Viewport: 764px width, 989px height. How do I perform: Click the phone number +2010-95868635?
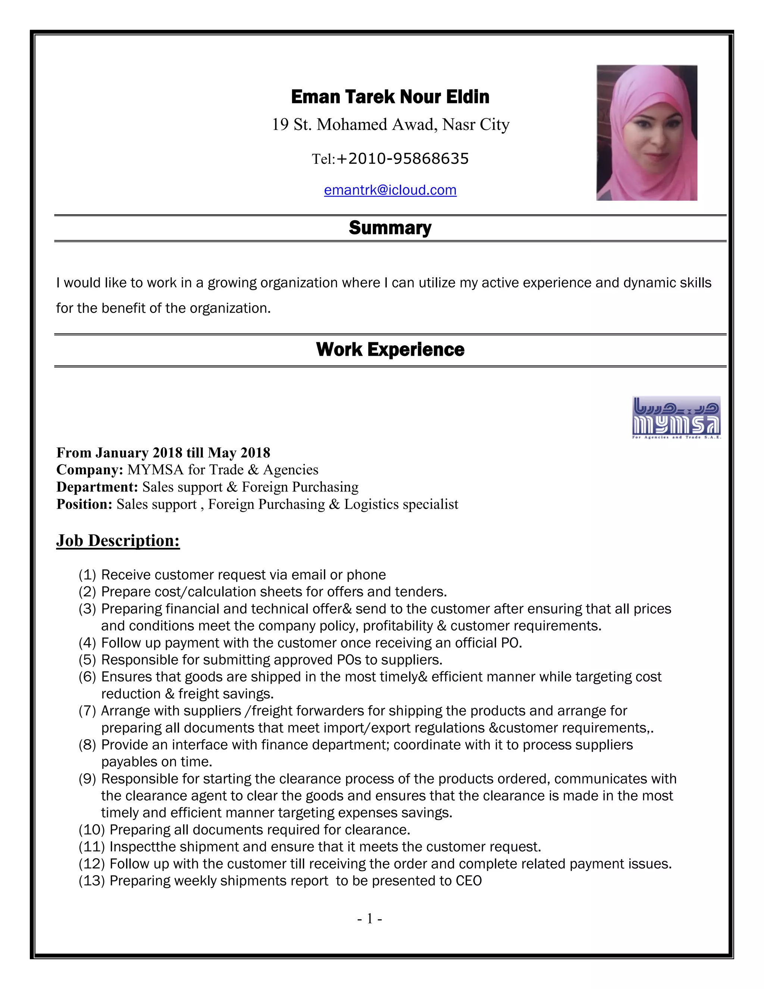403,159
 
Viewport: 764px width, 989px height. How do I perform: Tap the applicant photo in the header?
646,133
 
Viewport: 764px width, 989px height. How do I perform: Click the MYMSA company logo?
676,418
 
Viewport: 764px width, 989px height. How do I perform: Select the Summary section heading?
390,228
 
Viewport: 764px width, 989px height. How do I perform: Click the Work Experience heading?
390,350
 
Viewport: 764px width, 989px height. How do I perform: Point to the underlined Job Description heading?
118,541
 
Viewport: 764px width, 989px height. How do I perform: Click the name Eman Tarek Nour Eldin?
390,97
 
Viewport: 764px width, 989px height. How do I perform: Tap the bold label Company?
90,469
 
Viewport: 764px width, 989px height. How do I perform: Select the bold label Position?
84,504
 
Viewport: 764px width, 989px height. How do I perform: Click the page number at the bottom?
370,918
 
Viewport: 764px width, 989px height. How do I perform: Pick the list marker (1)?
87,575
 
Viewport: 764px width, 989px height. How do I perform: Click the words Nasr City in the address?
476,125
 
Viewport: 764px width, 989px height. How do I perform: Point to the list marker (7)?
87,711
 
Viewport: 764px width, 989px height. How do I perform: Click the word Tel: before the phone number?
323,159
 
